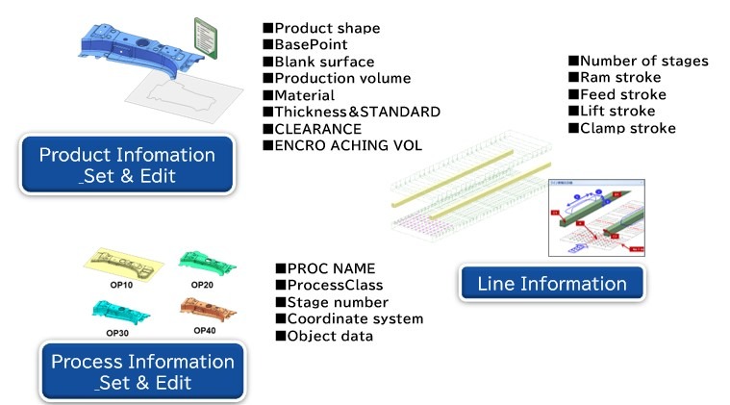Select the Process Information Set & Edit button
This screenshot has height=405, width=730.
coord(142,371)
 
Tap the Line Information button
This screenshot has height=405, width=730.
coord(552,283)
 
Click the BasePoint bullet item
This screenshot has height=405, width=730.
coord(311,44)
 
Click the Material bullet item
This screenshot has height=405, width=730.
coord(304,95)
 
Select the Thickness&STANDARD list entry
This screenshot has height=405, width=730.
coord(357,112)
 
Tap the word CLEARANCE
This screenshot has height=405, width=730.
coord(317,128)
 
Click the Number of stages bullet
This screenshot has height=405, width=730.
coord(643,61)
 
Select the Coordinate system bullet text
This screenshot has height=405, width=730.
coord(355,318)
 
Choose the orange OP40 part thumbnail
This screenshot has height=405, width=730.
coord(206,310)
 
